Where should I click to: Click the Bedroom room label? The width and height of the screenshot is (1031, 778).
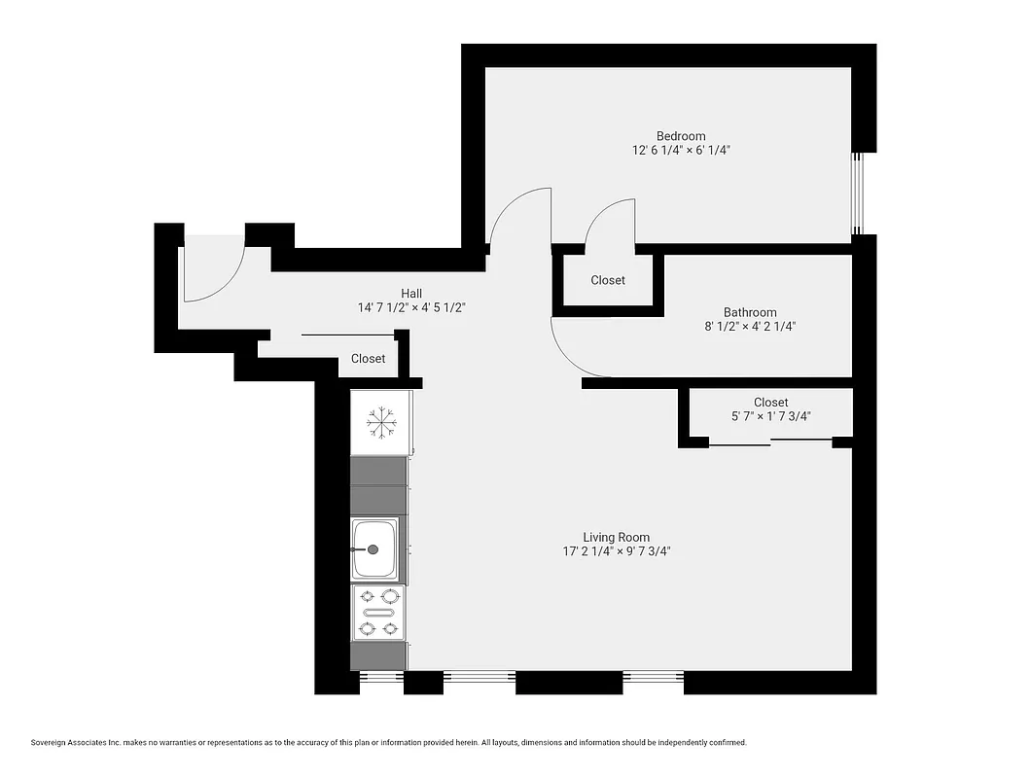(x=681, y=136)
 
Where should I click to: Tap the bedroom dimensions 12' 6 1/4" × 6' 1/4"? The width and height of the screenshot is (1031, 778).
(x=681, y=151)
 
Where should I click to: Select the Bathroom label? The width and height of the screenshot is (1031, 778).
(x=750, y=312)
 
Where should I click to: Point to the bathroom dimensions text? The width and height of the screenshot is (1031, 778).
(x=750, y=328)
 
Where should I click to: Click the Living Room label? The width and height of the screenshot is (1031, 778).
(x=616, y=537)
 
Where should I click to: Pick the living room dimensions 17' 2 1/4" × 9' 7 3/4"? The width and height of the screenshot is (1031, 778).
(x=616, y=551)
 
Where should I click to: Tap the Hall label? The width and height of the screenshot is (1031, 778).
(x=411, y=293)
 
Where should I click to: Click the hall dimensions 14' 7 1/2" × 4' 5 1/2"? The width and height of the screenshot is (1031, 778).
(x=411, y=307)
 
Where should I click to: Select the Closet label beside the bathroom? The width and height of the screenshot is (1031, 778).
(x=608, y=280)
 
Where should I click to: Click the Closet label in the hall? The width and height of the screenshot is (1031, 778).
(x=368, y=359)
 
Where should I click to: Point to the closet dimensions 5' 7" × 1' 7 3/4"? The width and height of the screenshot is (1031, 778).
(x=770, y=416)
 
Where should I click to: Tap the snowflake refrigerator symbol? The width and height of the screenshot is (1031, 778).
(x=380, y=422)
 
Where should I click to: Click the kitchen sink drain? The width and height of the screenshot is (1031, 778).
(x=373, y=549)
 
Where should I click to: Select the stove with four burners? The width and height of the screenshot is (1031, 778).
(x=379, y=613)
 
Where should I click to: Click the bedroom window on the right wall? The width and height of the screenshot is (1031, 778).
(x=857, y=194)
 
